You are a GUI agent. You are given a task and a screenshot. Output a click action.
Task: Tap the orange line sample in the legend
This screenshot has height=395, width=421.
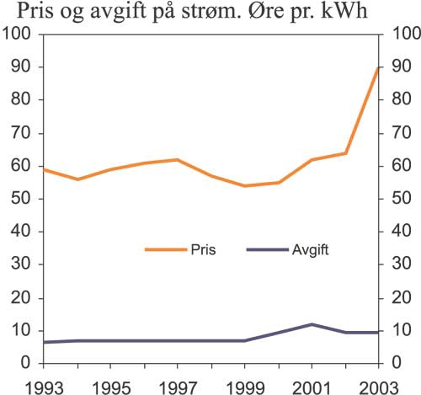[165, 250]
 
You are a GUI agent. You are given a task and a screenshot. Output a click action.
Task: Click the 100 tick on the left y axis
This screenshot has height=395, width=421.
[18, 34]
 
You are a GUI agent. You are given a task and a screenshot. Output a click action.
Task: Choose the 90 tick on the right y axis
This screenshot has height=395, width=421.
[397, 67]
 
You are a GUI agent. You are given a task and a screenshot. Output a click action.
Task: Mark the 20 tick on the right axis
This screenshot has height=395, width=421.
[397, 298]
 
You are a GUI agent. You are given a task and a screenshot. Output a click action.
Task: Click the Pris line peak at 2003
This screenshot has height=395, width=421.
[379, 67]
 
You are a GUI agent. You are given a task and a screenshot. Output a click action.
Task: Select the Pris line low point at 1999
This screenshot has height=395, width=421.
[245, 185]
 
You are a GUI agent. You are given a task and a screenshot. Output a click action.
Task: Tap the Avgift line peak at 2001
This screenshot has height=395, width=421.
[312, 324]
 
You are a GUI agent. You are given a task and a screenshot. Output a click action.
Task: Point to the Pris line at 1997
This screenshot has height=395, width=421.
[178, 159]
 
